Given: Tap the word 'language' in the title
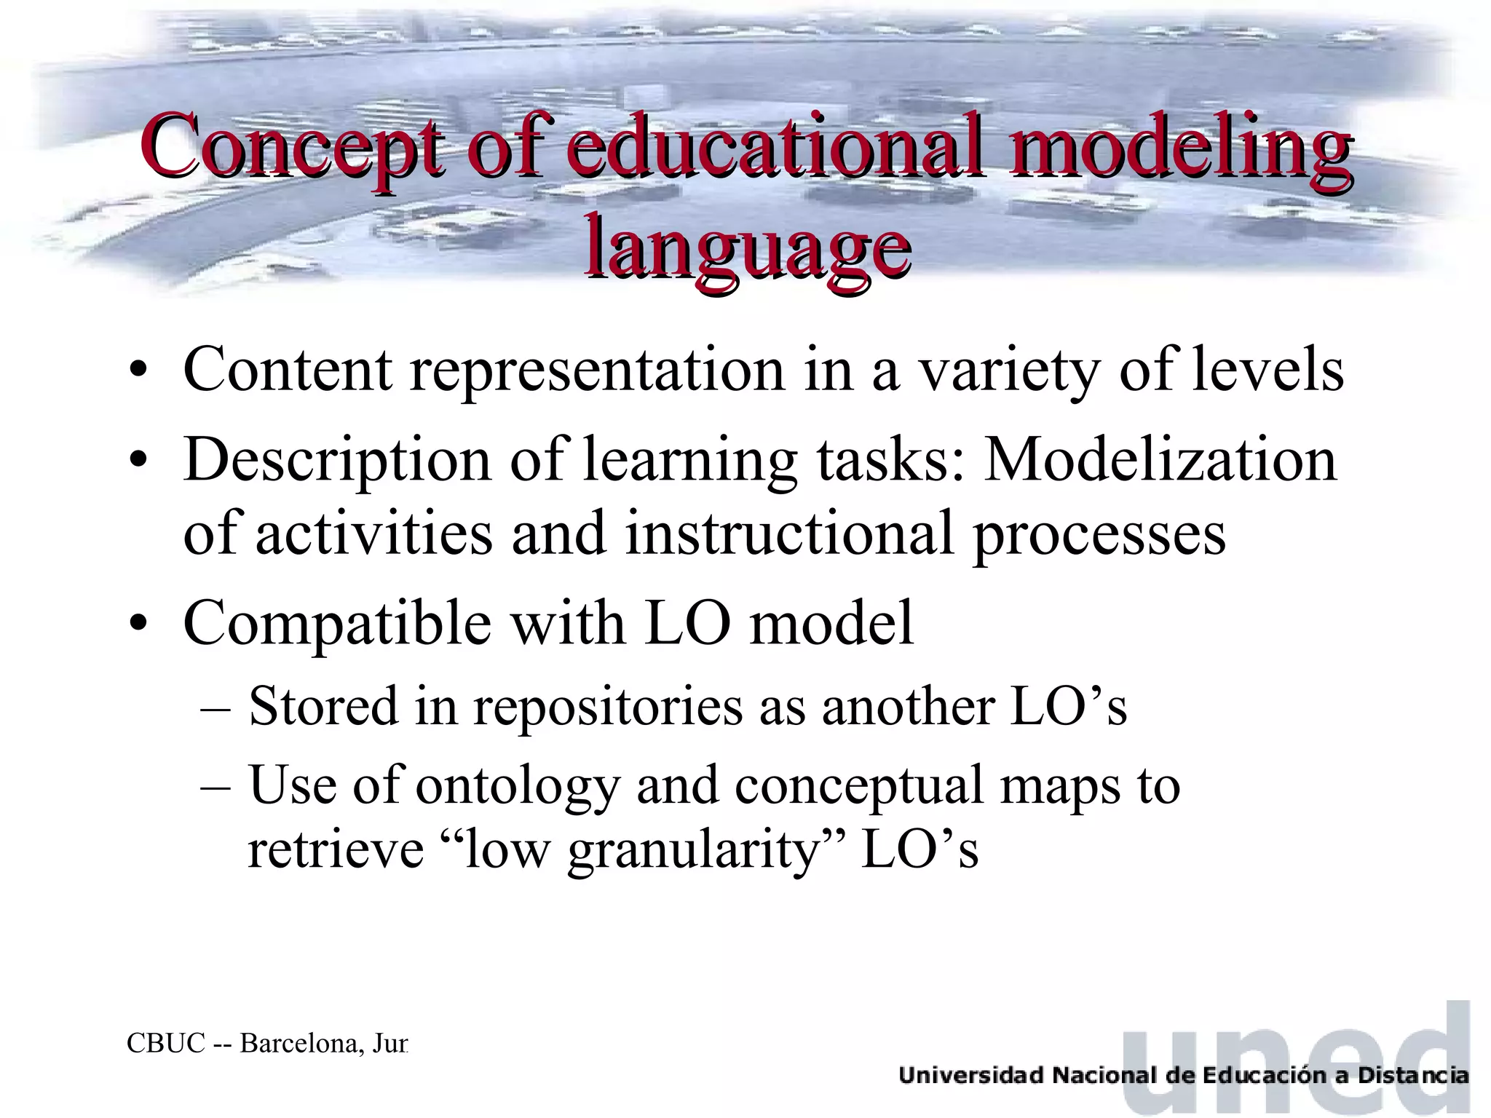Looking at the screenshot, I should [747, 247].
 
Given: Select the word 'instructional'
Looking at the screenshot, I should [789, 534].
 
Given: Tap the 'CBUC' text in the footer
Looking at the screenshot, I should [166, 1044].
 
